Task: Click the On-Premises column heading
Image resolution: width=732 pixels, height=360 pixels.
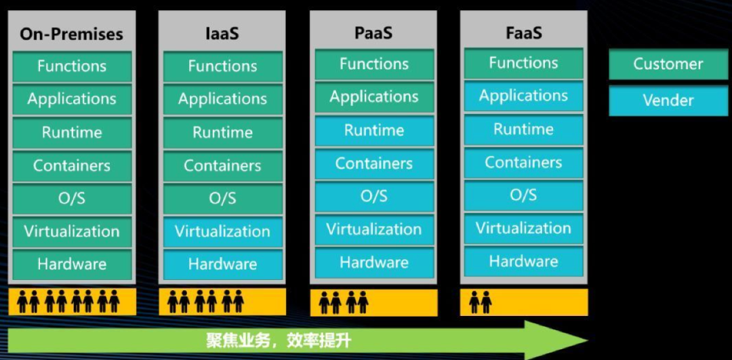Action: pyautogui.click(x=72, y=33)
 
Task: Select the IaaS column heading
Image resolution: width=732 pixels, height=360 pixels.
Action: pyautogui.click(x=222, y=33)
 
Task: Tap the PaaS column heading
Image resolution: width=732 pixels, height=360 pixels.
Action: pyautogui.click(x=373, y=32)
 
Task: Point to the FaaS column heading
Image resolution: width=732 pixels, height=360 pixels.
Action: pyautogui.click(x=523, y=31)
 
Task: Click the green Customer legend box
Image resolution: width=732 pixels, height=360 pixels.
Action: pyautogui.click(x=668, y=64)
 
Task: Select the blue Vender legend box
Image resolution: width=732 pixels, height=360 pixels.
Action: pyautogui.click(x=668, y=100)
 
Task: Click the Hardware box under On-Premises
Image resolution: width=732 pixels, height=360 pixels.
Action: pyautogui.click(x=72, y=264)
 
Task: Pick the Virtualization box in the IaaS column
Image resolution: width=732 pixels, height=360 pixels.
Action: pyautogui.click(x=222, y=231)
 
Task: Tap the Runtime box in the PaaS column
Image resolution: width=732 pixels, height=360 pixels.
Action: pyautogui.click(x=374, y=130)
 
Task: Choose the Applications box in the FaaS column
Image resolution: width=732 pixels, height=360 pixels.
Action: pyautogui.click(x=523, y=96)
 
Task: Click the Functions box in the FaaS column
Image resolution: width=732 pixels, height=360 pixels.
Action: pyautogui.click(x=523, y=63)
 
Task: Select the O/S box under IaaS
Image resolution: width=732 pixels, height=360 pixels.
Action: pyautogui.click(x=222, y=199)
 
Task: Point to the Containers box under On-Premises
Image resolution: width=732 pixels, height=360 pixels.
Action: pyautogui.click(x=72, y=165)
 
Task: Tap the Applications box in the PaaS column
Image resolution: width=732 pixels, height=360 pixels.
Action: pyautogui.click(x=374, y=97)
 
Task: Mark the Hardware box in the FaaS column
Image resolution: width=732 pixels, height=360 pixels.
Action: pyautogui.click(x=523, y=262)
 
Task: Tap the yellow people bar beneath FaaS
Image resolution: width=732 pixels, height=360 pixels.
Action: pyautogui.click(x=523, y=302)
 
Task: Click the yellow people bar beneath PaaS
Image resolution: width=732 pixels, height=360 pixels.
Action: pyautogui.click(x=373, y=303)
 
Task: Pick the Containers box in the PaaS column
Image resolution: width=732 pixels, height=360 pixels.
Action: pyautogui.click(x=374, y=163)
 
